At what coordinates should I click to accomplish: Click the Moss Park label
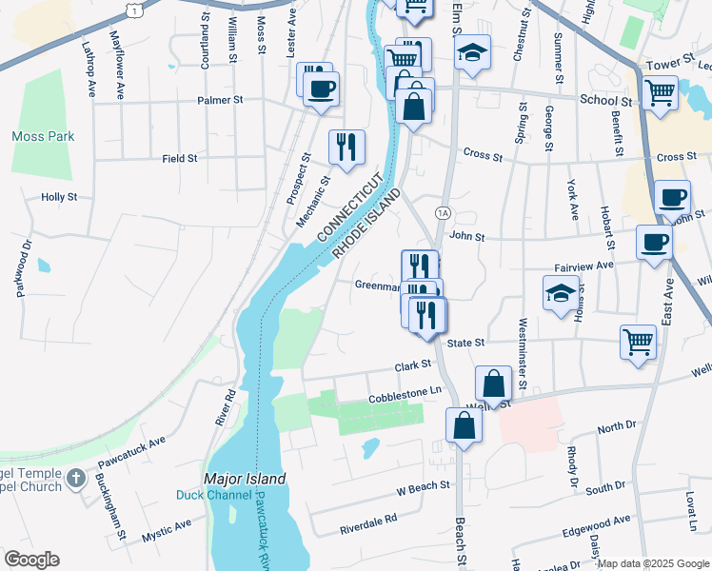point(43,137)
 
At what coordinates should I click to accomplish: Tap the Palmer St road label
point(221,99)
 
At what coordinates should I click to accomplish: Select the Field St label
point(179,159)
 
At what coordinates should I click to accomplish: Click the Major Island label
point(235,478)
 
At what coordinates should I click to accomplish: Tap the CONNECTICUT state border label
point(349,207)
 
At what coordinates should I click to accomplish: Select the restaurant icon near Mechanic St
point(345,147)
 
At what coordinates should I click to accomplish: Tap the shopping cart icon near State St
point(637,342)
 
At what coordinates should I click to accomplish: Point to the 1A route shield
point(443,212)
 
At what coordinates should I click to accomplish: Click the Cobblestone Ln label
point(405,391)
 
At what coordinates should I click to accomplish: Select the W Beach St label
point(423,488)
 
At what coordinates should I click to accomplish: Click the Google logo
point(31,560)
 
